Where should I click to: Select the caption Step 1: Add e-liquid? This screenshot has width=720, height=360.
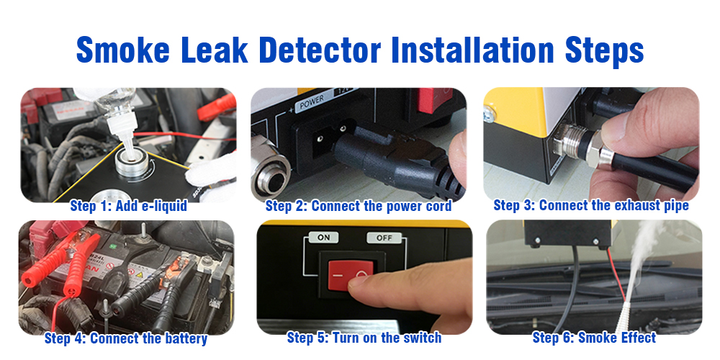[129, 206]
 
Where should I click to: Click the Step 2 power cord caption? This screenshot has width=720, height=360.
[358, 206]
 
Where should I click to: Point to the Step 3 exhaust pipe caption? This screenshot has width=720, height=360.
[591, 205]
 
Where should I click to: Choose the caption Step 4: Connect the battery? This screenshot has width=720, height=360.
[126, 339]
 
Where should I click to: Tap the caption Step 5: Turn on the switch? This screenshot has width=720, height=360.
[364, 338]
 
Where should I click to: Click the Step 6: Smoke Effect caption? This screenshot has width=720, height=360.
[594, 338]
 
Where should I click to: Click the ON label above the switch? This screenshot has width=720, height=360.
[324, 238]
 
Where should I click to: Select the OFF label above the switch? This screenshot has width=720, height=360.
[384, 238]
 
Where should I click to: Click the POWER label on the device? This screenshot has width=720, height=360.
[312, 102]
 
